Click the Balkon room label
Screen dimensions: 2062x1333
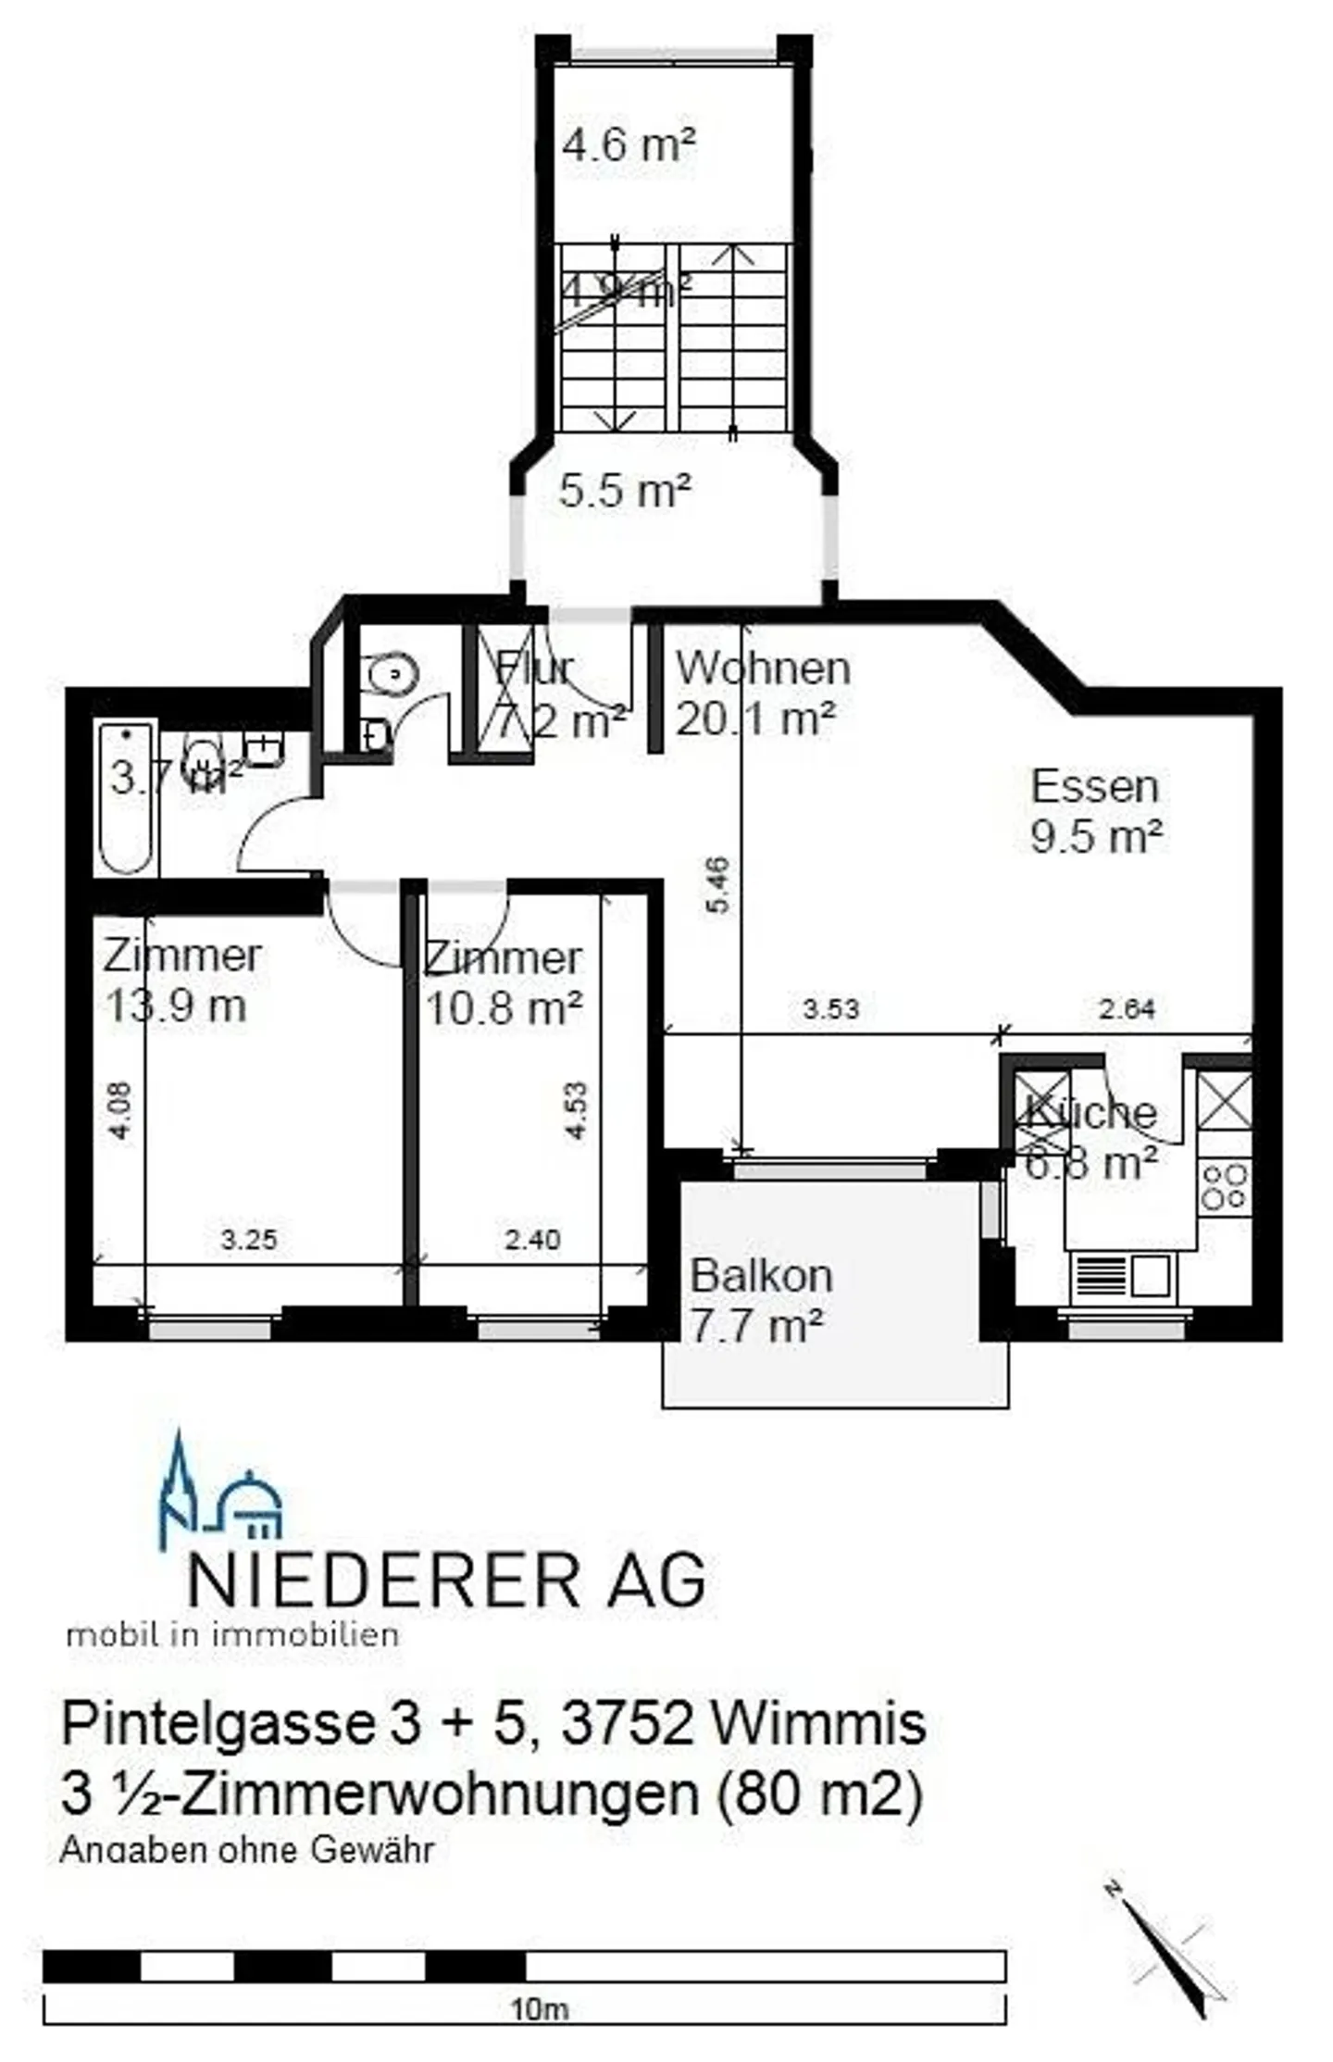pyautogui.click(x=761, y=1277)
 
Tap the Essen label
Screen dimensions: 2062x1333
pyautogui.click(x=1094, y=787)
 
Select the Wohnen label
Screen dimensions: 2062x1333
pyautogui.click(x=762, y=669)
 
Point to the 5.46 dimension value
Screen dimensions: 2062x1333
pyautogui.click(x=718, y=885)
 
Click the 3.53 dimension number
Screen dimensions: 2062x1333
pyautogui.click(x=830, y=1008)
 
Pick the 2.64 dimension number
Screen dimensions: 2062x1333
pyautogui.click(x=1126, y=1008)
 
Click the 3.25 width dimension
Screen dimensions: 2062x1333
pyautogui.click(x=249, y=1239)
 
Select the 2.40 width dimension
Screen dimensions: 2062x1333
pyautogui.click(x=532, y=1239)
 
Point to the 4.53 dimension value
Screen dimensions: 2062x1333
pyautogui.click(x=576, y=1111)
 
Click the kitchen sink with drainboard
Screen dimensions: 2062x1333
pyautogui.click(x=1123, y=1276)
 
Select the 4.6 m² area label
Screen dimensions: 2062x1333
pyautogui.click(x=629, y=144)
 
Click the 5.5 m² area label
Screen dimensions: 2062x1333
pyautogui.click(x=625, y=489)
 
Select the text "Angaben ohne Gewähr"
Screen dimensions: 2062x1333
pyautogui.click(x=246, y=1850)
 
